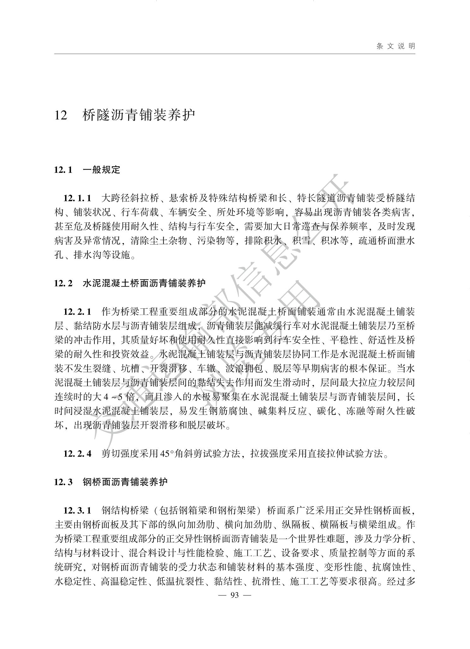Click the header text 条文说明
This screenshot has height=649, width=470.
396,46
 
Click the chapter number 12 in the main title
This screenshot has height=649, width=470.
61,115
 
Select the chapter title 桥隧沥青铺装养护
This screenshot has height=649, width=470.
139,115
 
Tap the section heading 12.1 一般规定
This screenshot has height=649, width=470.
87,170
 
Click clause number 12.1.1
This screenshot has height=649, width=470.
77,198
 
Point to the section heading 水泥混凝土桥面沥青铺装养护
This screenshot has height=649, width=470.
144,283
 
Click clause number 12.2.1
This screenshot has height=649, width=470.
77,312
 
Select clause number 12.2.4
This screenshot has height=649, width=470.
77,454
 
